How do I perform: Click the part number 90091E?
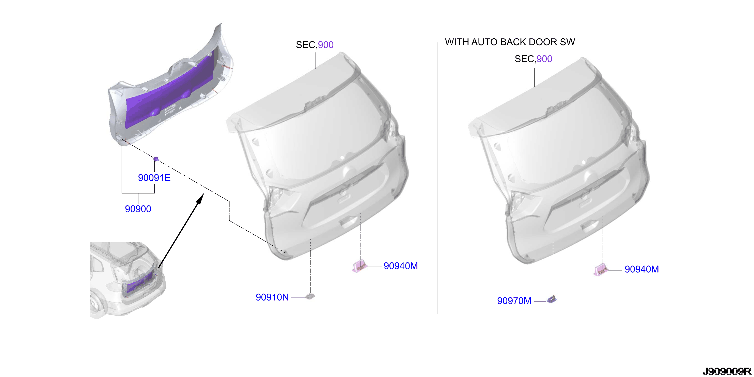[154, 178]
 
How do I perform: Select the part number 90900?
[138, 209]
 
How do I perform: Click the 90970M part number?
[514, 301]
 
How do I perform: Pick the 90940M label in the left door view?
[401, 266]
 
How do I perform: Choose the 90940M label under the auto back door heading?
[642, 269]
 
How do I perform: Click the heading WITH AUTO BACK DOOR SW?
[510, 42]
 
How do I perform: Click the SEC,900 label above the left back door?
[315, 45]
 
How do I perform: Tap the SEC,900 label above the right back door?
[533, 59]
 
